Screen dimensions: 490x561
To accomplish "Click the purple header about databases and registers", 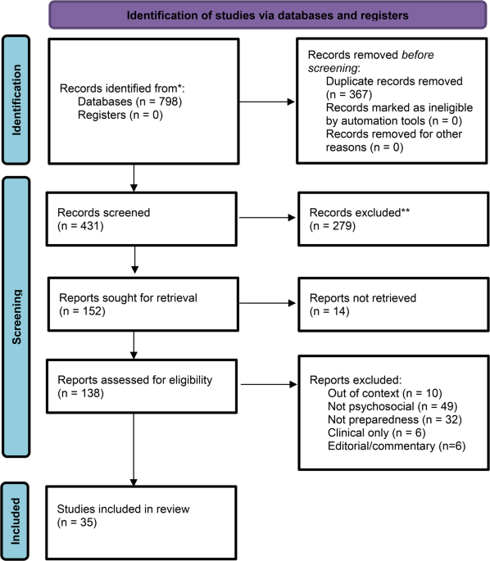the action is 268,16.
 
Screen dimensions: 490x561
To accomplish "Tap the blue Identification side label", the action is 16,100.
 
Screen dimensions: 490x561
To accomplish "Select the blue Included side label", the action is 16,521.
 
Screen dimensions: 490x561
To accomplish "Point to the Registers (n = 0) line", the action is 120,115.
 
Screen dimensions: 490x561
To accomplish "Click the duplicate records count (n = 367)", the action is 349,94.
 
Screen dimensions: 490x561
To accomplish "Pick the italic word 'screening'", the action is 333,68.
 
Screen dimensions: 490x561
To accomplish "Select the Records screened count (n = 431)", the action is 80,226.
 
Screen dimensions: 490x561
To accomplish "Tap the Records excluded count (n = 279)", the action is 333,226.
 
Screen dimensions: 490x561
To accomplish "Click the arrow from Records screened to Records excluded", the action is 267,217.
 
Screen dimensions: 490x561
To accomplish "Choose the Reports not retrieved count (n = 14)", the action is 329,311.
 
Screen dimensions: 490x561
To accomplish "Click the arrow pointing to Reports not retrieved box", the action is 267,303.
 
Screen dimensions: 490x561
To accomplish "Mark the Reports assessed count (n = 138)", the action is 80,393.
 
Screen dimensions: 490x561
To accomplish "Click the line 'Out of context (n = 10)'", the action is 385,393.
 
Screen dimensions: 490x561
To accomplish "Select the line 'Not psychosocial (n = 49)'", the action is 392,406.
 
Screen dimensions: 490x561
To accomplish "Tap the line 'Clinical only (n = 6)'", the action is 377,433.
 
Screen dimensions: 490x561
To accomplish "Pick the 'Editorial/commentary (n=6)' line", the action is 397,446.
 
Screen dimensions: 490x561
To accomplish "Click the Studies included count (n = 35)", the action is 77,523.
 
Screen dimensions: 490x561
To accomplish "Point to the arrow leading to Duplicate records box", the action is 267,102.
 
